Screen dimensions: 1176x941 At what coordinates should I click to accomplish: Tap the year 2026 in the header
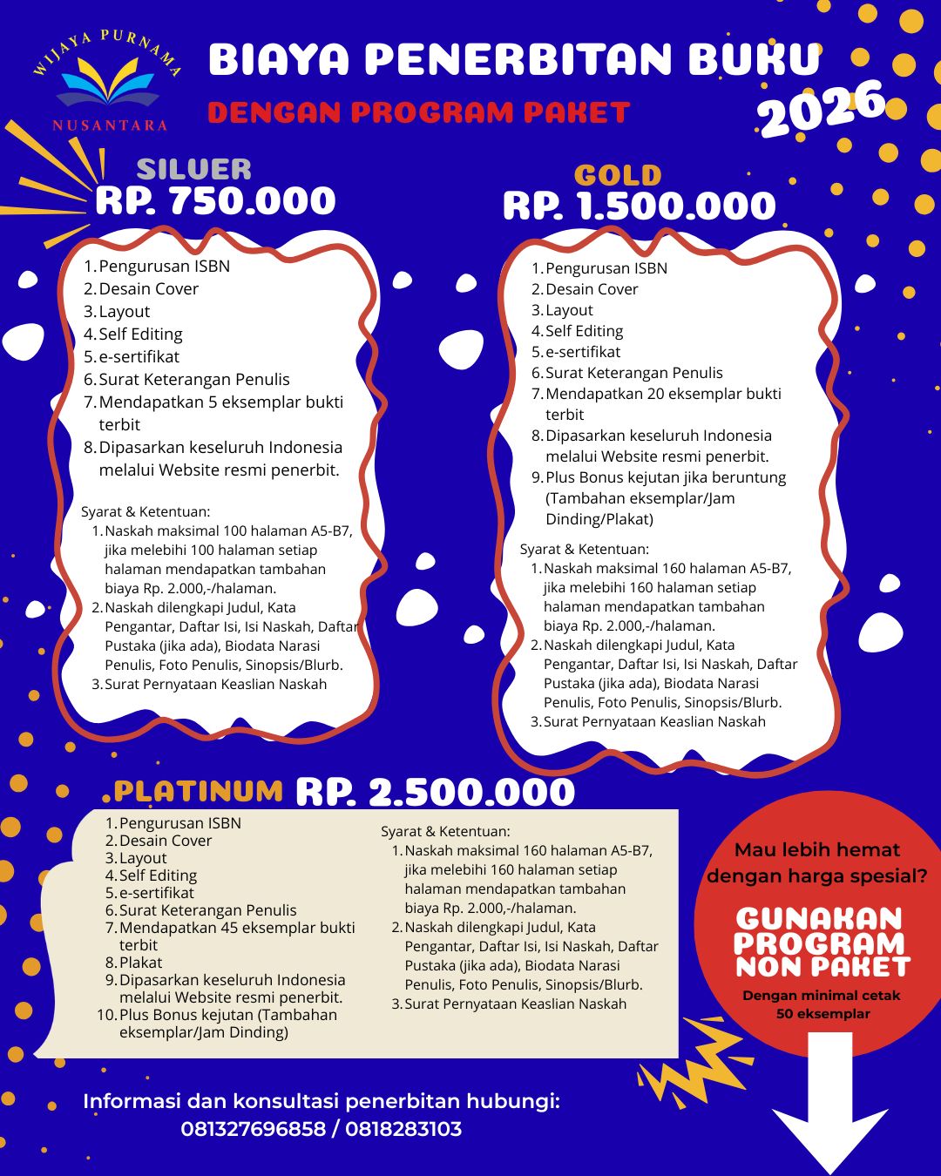[821, 108]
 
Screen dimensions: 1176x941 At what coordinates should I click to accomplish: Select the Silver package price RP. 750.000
[215, 201]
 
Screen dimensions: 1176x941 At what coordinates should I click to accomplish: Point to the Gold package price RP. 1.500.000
[639, 206]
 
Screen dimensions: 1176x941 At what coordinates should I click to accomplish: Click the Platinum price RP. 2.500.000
[435, 792]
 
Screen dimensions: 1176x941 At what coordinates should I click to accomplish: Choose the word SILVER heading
[193, 168]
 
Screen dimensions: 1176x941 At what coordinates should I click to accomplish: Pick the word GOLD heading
[618, 175]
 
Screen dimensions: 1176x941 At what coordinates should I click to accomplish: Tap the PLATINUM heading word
[199, 790]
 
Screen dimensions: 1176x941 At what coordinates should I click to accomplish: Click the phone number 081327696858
[253, 1129]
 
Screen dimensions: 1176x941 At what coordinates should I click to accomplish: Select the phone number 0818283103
[403, 1129]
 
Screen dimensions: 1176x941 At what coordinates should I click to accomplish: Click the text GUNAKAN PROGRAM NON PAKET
[823, 943]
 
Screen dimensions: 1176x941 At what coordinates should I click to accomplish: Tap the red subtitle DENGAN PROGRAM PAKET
[418, 112]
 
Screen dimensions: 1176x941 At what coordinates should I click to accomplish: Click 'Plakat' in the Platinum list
[140, 963]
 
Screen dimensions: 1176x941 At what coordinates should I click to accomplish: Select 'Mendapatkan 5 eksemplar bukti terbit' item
[220, 402]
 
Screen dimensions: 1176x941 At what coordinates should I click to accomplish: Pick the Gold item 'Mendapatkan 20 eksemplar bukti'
[662, 394]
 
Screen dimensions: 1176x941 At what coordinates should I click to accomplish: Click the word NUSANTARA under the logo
[110, 125]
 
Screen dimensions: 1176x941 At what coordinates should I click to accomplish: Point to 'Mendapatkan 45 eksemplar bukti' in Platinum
[236, 928]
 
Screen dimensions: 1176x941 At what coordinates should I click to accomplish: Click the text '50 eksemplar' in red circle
[823, 1014]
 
